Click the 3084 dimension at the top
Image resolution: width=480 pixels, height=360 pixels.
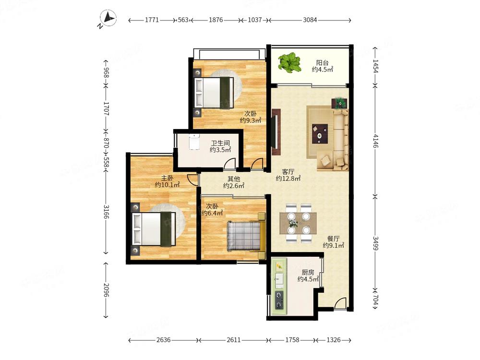pyautogui.click(x=310, y=20)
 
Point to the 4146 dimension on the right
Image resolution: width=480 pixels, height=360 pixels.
pyautogui.click(x=376, y=142)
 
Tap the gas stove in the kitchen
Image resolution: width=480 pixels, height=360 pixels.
pyautogui.click(x=278, y=300)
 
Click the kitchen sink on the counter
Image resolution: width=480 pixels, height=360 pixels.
pyautogui.click(x=278, y=278)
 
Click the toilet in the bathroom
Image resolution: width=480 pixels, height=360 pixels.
pyautogui.click(x=194, y=142)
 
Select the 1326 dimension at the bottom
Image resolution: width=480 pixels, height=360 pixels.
pyautogui.click(x=333, y=340)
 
